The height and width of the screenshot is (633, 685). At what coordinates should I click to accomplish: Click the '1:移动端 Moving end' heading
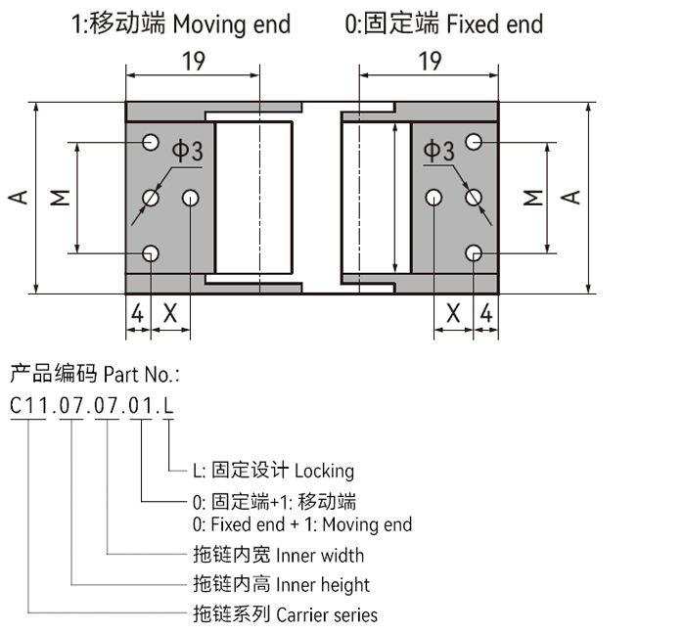click(181, 23)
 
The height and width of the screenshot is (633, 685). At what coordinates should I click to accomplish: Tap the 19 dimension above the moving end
click(193, 61)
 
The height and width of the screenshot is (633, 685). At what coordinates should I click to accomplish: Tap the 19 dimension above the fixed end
click(429, 61)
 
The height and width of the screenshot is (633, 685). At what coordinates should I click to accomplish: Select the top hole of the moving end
click(150, 143)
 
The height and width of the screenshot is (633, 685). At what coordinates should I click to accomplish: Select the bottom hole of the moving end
click(150, 254)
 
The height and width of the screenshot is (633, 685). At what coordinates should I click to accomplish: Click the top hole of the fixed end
click(474, 143)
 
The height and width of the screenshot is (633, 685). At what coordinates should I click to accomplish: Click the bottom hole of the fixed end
click(474, 254)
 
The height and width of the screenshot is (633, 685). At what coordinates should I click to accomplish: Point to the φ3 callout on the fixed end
click(438, 151)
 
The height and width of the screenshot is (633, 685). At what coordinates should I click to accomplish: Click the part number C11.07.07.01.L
click(92, 404)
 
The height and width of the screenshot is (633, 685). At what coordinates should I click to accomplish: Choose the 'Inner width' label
click(320, 556)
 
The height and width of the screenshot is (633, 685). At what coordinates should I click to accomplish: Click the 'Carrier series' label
click(327, 615)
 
